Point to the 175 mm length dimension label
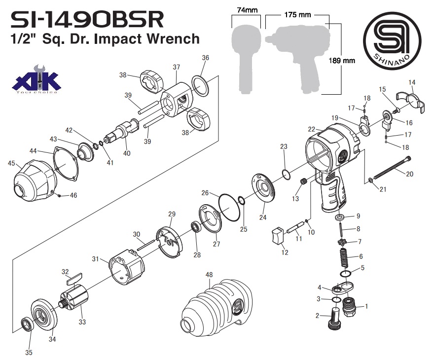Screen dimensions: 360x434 click(x=298, y=15)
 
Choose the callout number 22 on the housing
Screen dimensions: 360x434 click(x=312, y=129)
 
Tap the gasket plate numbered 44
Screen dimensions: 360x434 click(x=65, y=163)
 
